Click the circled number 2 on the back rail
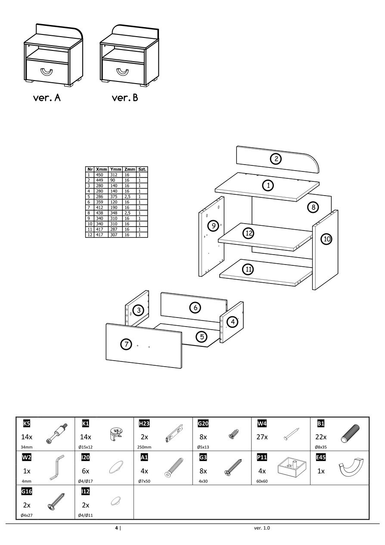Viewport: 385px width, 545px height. point(276,159)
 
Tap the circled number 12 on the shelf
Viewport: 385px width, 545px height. point(248,233)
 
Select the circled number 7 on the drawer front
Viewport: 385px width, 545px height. point(126,344)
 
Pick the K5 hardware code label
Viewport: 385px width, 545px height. point(26,424)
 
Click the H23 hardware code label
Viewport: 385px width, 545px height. point(144,424)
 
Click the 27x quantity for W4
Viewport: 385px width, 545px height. point(262,437)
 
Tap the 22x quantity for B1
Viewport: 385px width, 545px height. point(321,437)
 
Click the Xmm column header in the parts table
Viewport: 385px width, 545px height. point(102,170)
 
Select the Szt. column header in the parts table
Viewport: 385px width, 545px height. point(142,170)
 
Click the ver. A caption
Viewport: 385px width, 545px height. point(47,98)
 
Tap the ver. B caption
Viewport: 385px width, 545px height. point(125,98)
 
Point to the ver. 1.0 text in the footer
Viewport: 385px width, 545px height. point(262,528)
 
